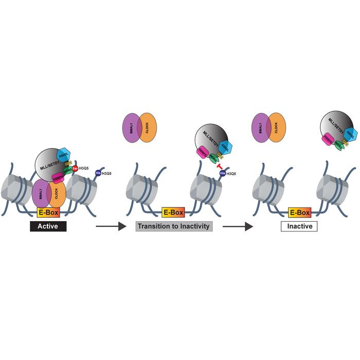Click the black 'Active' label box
pos(47,225)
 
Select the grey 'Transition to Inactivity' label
pos(174,225)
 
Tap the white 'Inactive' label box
pos(299,225)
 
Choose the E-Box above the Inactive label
pos(299,212)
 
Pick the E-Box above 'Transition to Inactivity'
pos(173,212)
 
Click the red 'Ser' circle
pos(75,168)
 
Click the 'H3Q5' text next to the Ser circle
pos(85,168)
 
